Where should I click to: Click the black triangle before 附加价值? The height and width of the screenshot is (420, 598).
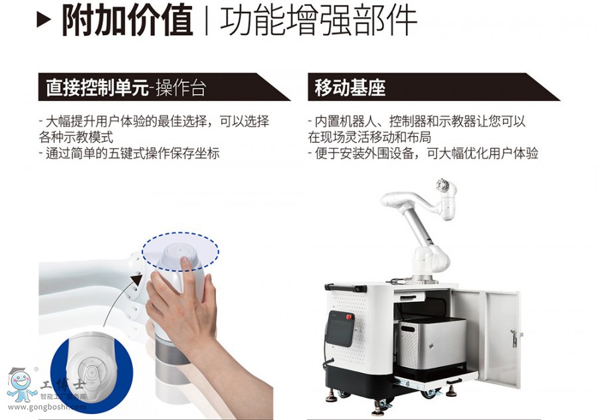(x=43, y=19)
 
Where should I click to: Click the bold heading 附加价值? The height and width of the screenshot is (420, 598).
(x=128, y=20)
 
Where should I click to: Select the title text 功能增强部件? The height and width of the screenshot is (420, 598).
(x=318, y=20)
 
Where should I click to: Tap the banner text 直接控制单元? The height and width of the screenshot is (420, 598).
(x=97, y=88)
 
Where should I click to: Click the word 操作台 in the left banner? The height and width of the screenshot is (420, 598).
(x=181, y=88)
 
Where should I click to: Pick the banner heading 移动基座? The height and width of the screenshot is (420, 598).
(x=349, y=88)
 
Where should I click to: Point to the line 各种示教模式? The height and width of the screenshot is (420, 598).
(x=76, y=137)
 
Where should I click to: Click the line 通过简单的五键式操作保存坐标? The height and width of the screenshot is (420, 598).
(x=130, y=153)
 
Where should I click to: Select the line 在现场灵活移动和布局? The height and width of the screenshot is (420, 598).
(x=369, y=137)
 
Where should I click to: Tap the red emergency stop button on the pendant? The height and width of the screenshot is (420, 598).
(x=349, y=316)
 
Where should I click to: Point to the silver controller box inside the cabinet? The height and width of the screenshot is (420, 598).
(x=431, y=344)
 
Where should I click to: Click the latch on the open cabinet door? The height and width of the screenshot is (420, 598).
(x=514, y=338)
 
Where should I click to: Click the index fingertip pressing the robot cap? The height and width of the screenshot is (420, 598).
(x=185, y=261)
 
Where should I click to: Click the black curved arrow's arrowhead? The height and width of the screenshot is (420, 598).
(x=137, y=280)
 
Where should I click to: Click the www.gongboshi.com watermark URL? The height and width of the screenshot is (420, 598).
(x=47, y=407)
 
